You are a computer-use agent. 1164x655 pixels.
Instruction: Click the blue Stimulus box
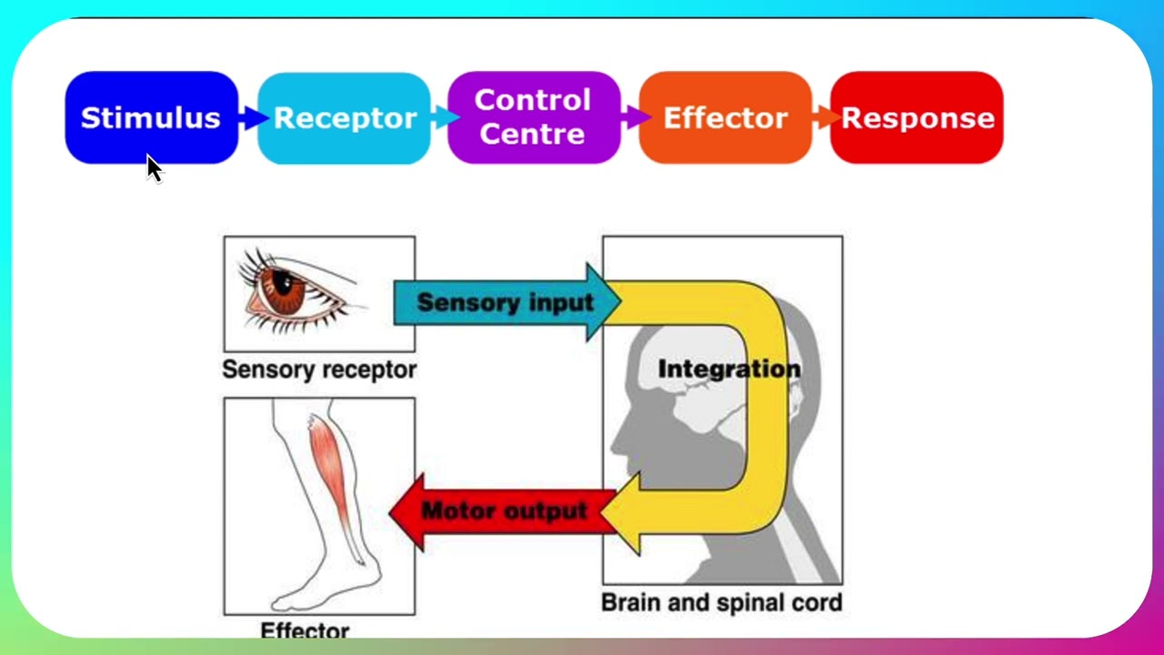click(151, 117)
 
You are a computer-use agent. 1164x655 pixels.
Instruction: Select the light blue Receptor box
click(344, 117)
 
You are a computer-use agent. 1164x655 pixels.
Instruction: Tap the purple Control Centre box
click(534, 117)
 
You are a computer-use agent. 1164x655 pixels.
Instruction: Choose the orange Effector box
click(725, 117)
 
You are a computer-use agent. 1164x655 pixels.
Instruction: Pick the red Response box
click(917, 117)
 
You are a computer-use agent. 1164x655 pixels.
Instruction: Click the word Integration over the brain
click(728, 368)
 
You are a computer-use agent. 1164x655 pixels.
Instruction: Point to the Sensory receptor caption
click(319, 369)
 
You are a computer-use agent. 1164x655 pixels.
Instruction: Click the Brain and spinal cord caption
click(722, 602)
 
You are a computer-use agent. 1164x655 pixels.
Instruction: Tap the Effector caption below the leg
click(305, 630)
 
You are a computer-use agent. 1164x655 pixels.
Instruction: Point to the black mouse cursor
click(154, 168)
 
